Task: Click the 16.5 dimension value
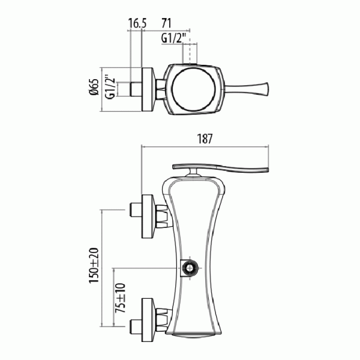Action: pyautogui.click(x=137, y=23)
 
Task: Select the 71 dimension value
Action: pyautogui.click(x=166, y=23)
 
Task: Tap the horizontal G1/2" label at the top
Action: pyautogui.click(x=173, y=38)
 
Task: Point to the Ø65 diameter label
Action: pyautogui.click(x=94, y=87)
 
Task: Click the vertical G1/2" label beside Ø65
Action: pyautogui.click(x=110, y=86)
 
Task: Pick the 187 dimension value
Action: pyautogui.click(x=205, y=139)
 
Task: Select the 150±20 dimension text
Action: pyautogui.click(x=94, y=265)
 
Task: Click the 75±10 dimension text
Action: pyautogui.click(x=121, y=298)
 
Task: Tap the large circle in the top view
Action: pyautogui.click(x=194, y=89)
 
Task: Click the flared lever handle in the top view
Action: pyautogui.click(x=246, y=89)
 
